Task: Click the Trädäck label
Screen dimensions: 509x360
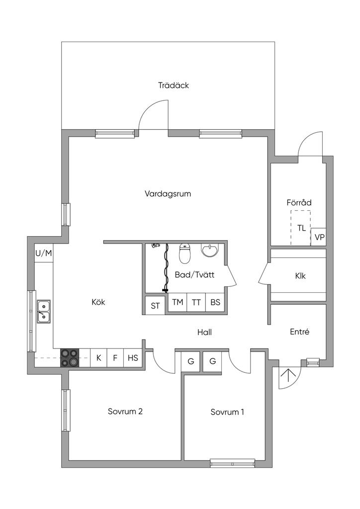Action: click(x=174, y=85)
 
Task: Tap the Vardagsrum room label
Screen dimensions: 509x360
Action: click(x=168, y=194)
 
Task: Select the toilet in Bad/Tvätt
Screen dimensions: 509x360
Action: click(x=185, y=254)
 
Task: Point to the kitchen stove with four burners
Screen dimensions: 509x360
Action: click(x=69, y=357)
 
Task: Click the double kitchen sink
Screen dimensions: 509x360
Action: click(x=44, y=311)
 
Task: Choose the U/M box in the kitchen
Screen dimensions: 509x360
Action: click(x=43, y=254)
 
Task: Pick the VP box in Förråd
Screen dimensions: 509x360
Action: click(x=319, y=237)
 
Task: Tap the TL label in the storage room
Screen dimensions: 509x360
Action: click(x=301, y=228)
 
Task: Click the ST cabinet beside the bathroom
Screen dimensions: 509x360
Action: click(x=156, y=306)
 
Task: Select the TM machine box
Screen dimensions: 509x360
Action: click(x=177, y=302)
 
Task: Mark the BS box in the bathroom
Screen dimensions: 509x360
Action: click(x=215, y=302)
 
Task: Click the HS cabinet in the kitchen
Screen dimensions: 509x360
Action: click(x=133, y=357)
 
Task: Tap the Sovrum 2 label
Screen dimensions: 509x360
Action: click(x=125, y=412)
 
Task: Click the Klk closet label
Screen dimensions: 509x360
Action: click(x=300, y=276)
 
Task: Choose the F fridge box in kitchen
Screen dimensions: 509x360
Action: click(x=115, y=357)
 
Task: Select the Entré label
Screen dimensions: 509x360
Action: click(x=299, y=332)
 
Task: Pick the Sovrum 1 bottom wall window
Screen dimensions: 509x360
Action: click(x=233, y=463)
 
